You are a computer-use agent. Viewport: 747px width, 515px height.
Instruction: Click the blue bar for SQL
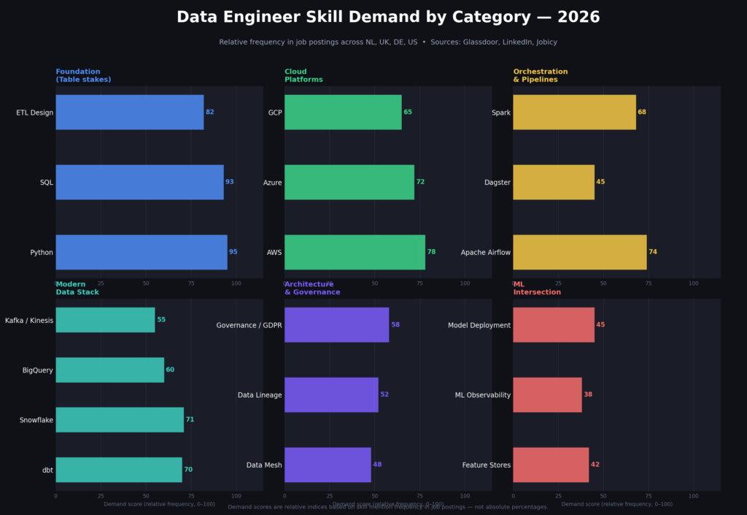139,182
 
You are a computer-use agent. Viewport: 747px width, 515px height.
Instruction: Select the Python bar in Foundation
142,252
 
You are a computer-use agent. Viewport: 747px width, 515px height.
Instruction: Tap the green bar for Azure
349,182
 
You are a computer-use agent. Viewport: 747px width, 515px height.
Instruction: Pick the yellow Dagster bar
554,182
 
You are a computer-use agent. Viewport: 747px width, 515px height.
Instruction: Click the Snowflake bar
120,420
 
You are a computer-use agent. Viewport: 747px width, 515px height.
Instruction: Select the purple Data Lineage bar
331,394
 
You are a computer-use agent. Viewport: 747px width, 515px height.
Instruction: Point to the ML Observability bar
547,394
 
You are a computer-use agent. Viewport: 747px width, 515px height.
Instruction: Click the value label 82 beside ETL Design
210,112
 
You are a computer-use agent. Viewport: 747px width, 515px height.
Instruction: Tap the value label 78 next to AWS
431,252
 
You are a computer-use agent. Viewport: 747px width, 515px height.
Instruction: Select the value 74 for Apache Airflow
653,252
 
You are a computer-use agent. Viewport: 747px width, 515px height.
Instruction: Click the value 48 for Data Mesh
377,465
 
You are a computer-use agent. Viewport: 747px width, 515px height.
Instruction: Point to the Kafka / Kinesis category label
29,320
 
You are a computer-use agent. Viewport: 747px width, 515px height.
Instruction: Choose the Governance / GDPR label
249,325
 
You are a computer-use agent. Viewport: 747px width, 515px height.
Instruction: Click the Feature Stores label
487,465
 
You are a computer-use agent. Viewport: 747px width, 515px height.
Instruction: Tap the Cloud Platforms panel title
303,75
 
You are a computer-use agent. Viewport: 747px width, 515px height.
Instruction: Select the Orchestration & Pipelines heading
540,75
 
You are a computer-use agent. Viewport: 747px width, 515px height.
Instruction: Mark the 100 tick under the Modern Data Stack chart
236,496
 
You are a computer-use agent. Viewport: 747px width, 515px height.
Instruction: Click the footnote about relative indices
387,506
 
